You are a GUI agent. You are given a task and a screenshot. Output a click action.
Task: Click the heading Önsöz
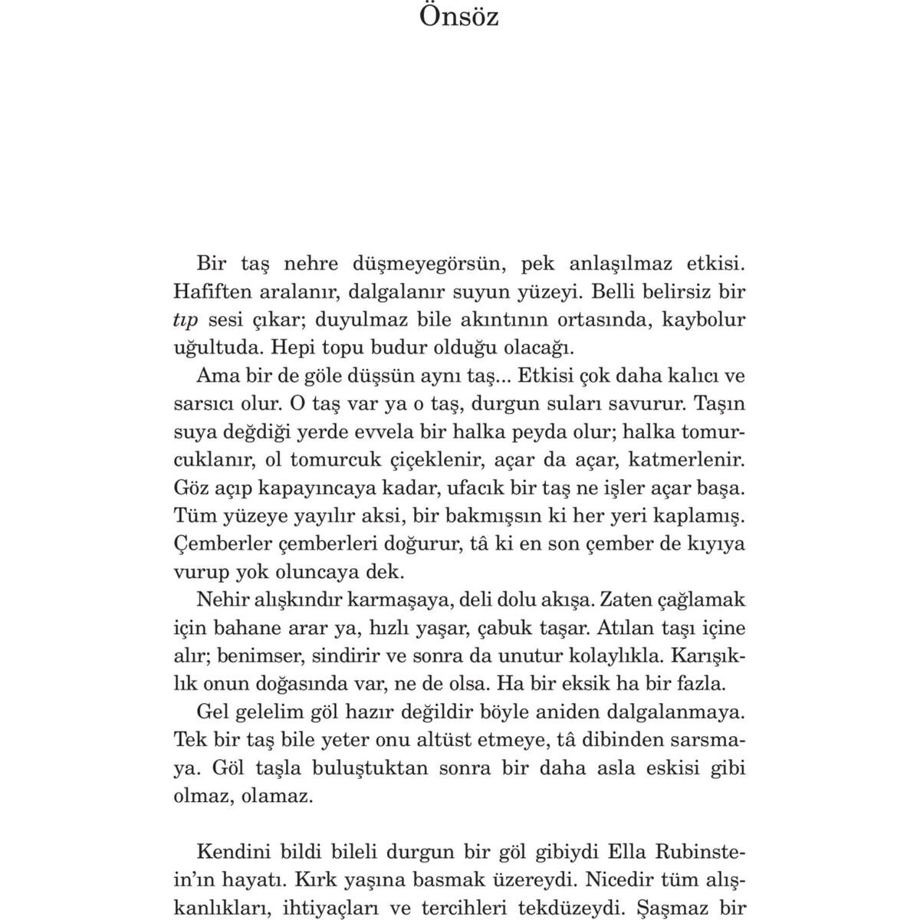pos(458,16)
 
